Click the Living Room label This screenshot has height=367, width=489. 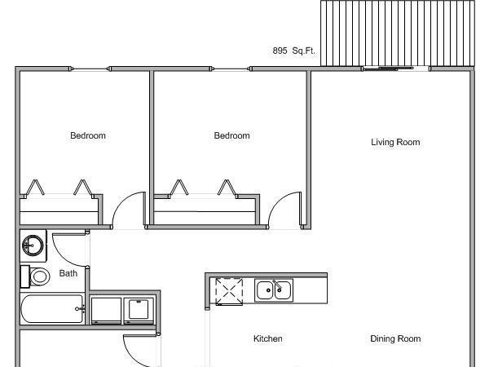[395, 142]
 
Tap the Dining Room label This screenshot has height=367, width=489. [395, 338]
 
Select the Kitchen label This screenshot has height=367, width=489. [268, 338]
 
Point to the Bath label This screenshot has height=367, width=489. [68, 273]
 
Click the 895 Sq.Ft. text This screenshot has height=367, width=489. [293, 51]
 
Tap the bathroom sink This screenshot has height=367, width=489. [33, 245]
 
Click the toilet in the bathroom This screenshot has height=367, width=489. [36, 276]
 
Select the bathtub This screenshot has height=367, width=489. [52, 309]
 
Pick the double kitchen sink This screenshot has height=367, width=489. [274, 290]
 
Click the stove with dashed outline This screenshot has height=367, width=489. [229, 291]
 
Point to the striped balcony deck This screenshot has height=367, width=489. [398, 33]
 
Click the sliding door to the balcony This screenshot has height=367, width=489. [396, 69]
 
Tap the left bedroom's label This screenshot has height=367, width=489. [88, 135]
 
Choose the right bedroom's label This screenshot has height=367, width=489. [231, 135]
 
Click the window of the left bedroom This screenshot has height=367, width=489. [90, 69]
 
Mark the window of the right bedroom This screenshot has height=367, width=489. [231, 69]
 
